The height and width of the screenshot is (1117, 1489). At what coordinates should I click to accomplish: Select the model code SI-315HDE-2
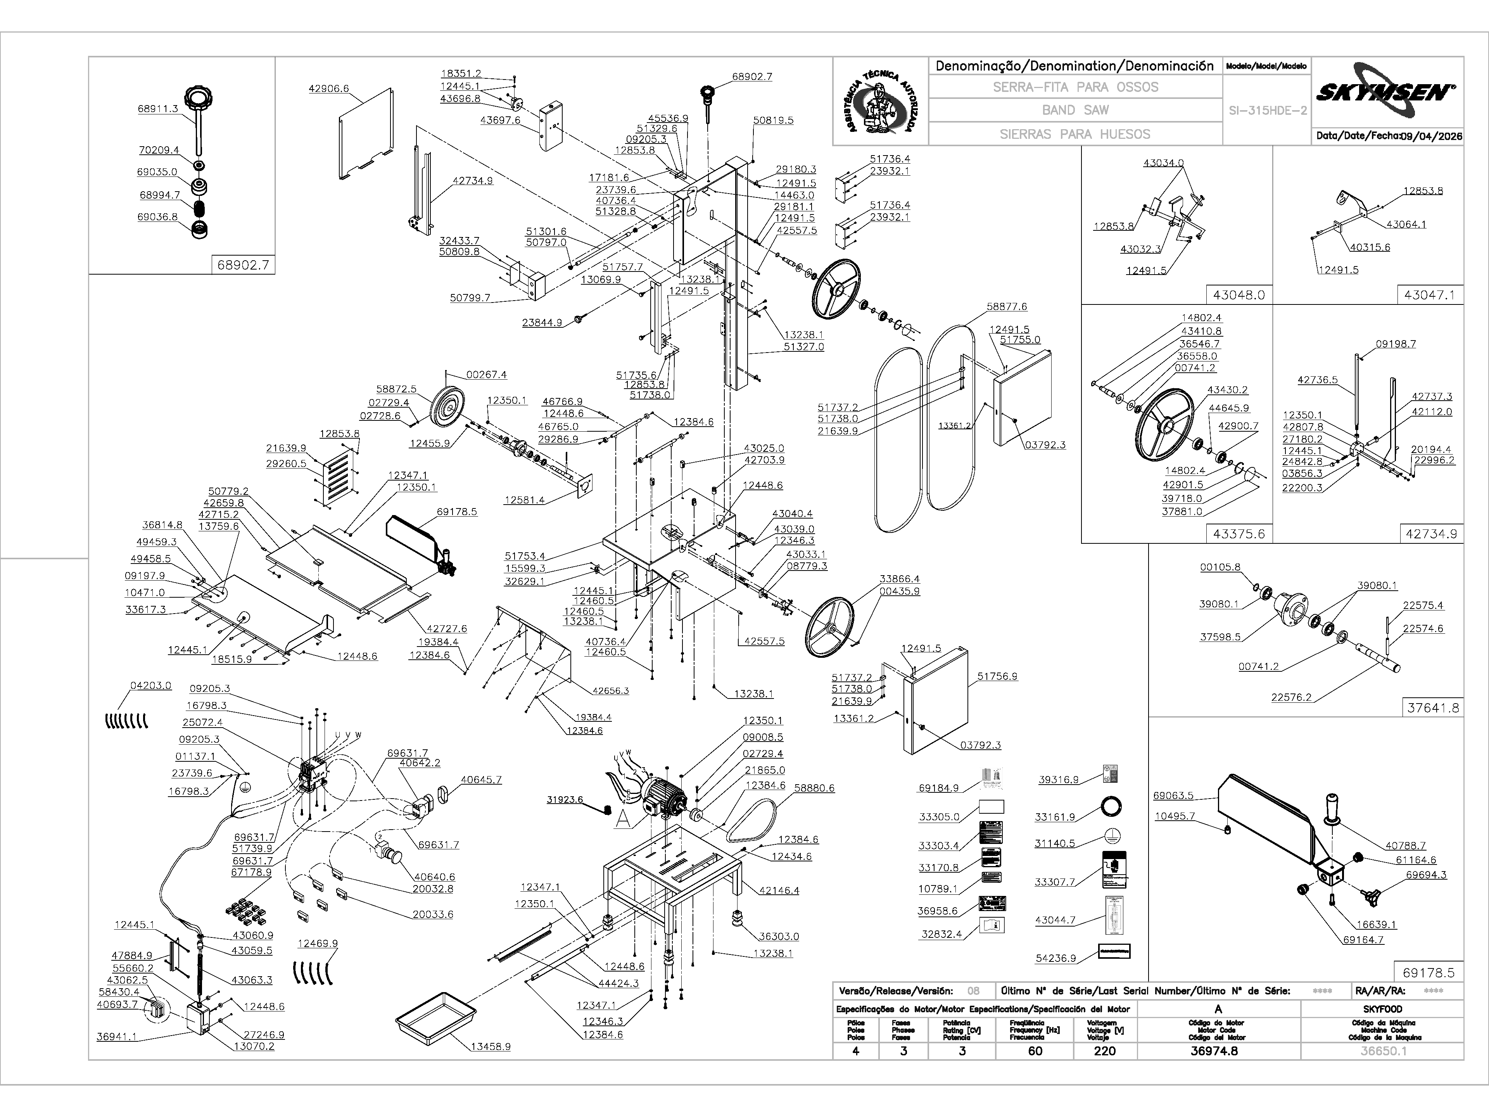tap(1268, 111)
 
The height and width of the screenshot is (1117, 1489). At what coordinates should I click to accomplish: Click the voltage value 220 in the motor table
tap(1105, 1051)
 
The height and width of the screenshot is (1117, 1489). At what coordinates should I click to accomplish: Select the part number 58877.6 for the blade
tap(1007, 306)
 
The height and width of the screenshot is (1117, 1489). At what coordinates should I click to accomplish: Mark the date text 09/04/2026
tap(1431, 136)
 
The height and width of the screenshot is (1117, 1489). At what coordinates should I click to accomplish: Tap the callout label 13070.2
tap(254, 1046)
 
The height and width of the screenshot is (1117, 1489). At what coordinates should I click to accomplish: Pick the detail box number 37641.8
tap(1433, 708)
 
